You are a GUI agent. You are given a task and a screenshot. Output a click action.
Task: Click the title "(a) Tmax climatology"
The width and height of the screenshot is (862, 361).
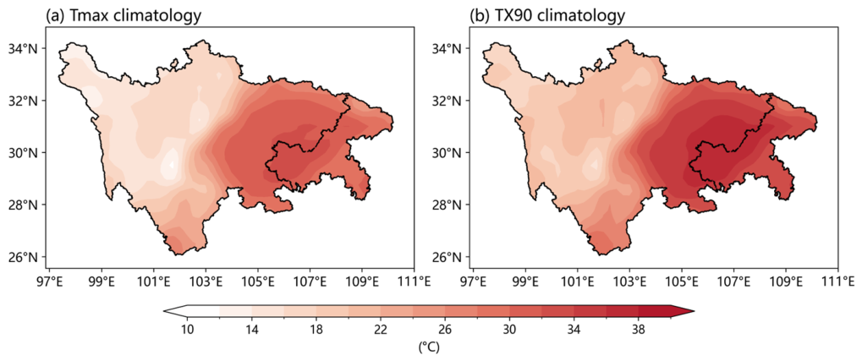coord(123,16)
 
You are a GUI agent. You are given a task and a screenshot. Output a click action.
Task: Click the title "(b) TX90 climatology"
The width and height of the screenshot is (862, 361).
coord(547,16)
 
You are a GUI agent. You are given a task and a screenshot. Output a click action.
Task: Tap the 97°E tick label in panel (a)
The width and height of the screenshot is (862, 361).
coord(49,282)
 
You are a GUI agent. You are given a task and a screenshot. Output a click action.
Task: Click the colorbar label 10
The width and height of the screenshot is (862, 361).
coord(188,330)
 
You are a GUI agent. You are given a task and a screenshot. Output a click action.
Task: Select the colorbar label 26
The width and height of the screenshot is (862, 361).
coord(445,330)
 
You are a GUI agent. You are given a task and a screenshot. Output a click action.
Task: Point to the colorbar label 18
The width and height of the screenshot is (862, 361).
coord(316,330)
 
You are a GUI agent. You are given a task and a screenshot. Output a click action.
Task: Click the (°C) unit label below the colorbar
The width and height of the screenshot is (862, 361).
coord(429,347)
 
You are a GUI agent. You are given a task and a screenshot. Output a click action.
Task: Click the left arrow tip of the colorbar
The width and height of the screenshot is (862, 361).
coord(164,311)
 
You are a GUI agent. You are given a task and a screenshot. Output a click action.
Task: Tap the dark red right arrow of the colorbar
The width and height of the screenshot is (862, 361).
coord(682,311)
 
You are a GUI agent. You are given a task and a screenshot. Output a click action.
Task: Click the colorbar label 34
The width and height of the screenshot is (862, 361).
coord(574,330)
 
